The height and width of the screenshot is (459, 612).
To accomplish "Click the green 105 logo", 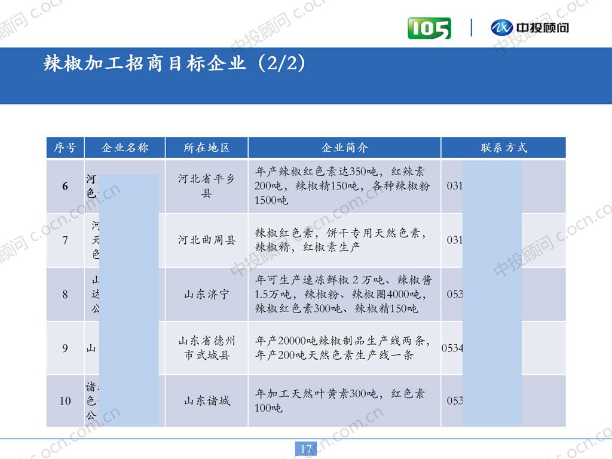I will (429, 28).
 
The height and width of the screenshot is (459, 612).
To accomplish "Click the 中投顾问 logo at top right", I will (530, 27).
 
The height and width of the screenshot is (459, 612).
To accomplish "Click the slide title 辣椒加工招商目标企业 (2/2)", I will (175, 64).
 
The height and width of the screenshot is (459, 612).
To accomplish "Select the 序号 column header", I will (65, 148).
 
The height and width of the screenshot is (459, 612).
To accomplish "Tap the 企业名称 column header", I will (125, 148).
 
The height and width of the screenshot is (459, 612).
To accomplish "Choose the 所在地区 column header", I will (206, 148).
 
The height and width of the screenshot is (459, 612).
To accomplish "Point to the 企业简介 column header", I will (345, 148).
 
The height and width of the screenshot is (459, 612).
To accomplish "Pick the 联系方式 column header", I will (504, 148).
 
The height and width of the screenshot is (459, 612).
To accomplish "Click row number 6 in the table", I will (65, 186).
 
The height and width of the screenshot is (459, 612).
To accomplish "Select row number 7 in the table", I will (65, 240).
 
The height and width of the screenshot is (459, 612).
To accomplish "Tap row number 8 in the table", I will (65, 295).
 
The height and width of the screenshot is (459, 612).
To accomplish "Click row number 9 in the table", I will (65, 348).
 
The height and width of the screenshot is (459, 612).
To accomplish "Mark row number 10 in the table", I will (65, 401).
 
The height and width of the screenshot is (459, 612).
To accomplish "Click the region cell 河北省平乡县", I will (206, 186).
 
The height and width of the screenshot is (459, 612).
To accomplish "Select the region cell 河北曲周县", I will (206, 240).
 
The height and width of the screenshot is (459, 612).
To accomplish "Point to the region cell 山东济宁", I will (206, 295).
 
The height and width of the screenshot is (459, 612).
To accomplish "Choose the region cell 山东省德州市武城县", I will (206, 348).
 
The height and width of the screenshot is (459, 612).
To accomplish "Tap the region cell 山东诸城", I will (206, 401).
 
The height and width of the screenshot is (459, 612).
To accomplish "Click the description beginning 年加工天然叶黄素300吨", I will (339, 401).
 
